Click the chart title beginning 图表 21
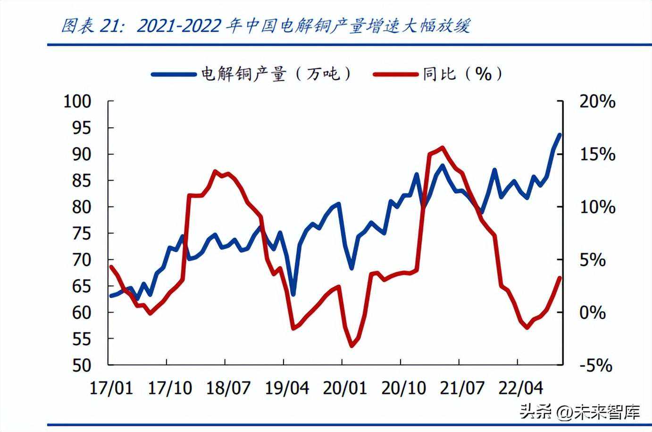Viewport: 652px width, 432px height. click(266, 25)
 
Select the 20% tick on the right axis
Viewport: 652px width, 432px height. click(597, 101)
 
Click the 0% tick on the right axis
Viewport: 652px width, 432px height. click(593, 312)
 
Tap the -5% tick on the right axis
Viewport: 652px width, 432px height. click(595, 365)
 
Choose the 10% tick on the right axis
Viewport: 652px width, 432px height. click(597, 207)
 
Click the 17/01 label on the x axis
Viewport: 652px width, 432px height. click(111, 388)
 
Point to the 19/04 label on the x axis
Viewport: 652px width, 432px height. click(287, 388)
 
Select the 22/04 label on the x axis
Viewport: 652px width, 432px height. click(521, 388)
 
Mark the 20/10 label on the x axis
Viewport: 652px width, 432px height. click(404, 388)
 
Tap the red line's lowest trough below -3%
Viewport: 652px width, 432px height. click(351, 346)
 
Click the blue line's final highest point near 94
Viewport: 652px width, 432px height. click(560, 135)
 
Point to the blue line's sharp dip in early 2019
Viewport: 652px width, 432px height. click(293, 295)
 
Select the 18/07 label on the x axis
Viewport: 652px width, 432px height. click(228, 388)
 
